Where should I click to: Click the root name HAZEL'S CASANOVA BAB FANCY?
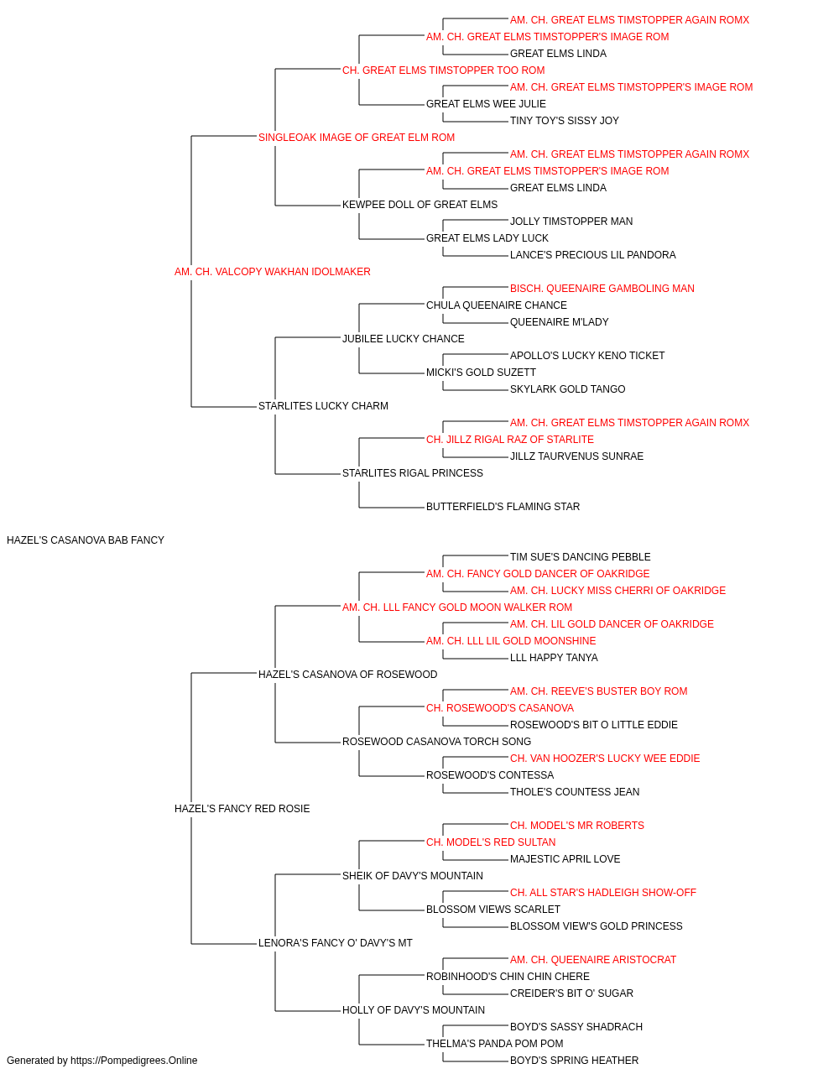pos(86,540)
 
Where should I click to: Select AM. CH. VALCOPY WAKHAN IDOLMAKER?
pos(272,272)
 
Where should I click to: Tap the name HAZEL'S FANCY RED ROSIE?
pos(242,809)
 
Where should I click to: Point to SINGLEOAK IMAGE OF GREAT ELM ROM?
pos(357,138)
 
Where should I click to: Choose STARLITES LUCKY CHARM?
pos(323,406)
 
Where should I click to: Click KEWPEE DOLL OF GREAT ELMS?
pos(419,205)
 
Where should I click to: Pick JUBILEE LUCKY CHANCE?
pos(404,339)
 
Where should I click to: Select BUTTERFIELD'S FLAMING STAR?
pos(503,507)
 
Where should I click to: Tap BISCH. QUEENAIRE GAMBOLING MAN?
pos(602,289)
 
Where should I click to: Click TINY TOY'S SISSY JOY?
pos(565,121)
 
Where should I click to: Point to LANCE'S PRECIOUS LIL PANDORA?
pos(592,255)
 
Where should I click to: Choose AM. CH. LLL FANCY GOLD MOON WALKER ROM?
pos(457,607)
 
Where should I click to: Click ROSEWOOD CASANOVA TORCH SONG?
pos(436,742)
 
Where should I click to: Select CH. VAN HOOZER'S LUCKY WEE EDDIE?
pos(605,759)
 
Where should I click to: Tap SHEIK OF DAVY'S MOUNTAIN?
pos(413,876)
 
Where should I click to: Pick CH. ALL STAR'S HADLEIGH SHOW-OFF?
pos(602,893)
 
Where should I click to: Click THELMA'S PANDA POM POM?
pos(495,1043)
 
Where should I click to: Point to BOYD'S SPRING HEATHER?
pos(574,1061)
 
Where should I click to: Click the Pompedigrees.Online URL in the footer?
pos(133,1061)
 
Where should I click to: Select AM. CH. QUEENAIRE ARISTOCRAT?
pos(593,960)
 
